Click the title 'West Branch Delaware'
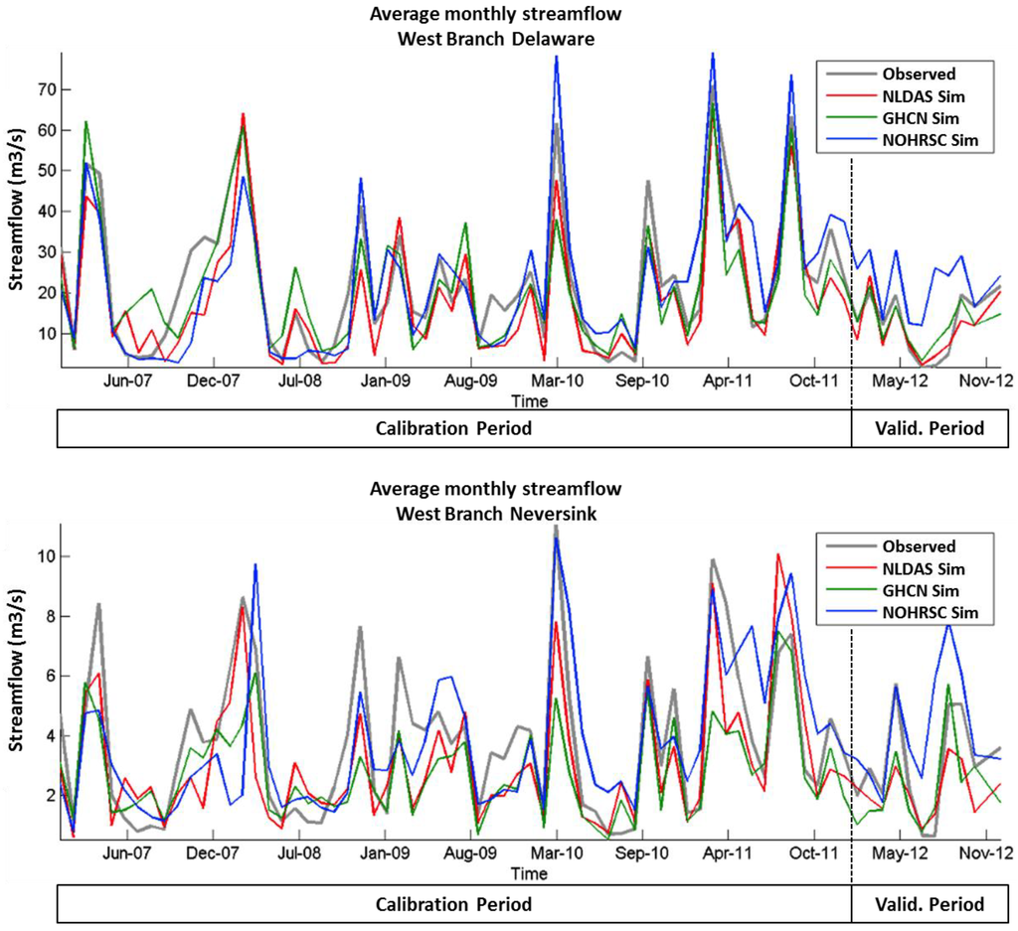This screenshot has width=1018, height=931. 494,33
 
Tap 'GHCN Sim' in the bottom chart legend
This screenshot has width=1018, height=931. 921,591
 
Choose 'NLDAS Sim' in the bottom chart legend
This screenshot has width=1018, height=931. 923,569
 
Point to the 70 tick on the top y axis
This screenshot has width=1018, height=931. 44,89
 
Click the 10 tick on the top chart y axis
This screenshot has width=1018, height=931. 44,334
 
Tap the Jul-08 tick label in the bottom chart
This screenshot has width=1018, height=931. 299,853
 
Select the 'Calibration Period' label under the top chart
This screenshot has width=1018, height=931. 453,429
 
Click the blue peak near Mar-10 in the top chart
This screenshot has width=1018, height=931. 556,58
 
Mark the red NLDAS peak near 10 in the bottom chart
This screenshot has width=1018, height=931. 777,554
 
